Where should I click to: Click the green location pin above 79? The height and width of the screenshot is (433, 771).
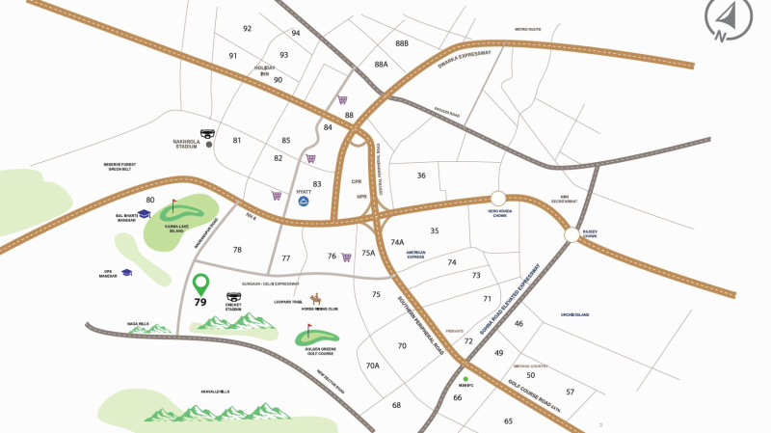point(200,284)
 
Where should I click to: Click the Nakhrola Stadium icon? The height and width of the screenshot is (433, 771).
point(209,135)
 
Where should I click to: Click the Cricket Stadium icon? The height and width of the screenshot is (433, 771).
point(233,298)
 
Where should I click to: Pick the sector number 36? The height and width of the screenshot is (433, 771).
point(421,176)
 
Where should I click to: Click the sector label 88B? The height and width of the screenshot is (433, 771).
point(402,43)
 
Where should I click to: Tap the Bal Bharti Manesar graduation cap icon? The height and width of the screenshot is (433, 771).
point(144,213)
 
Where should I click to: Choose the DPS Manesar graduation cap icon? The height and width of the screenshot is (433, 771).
point(126,273)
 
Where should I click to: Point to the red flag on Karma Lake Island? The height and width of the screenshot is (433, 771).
point(174,205)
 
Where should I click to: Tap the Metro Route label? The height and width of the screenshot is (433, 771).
point(527,30)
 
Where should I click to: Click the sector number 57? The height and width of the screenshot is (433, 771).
point(570,392)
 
